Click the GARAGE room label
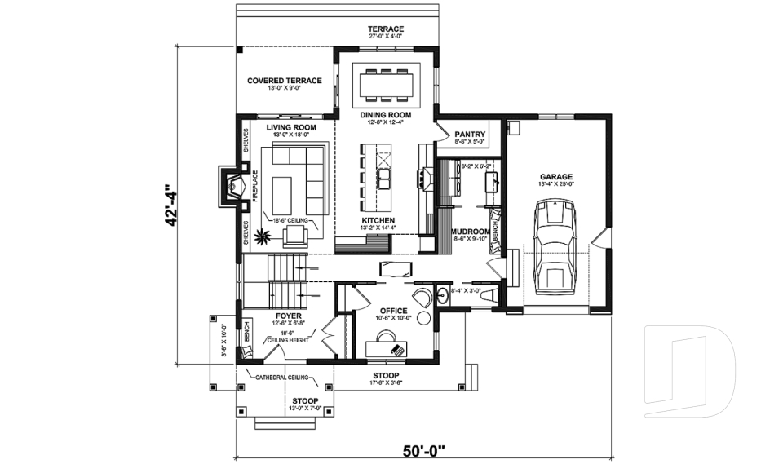click(x=556, y=176)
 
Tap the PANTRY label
click(x=470, y=134)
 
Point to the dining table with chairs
click(x=386, y=83)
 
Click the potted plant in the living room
click(x=263, y=238)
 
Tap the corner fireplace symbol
click(x=232, y=188)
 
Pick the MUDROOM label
click(x=469, y=231)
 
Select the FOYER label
click(x=289, y=315)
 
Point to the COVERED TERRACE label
click(x=284, y=81)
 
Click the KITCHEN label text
click(x=378, y=221)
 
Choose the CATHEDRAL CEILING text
click(x=281, y=378)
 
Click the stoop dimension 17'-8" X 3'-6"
click(x=386, y=382)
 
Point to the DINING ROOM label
click(x=386, y=115)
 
